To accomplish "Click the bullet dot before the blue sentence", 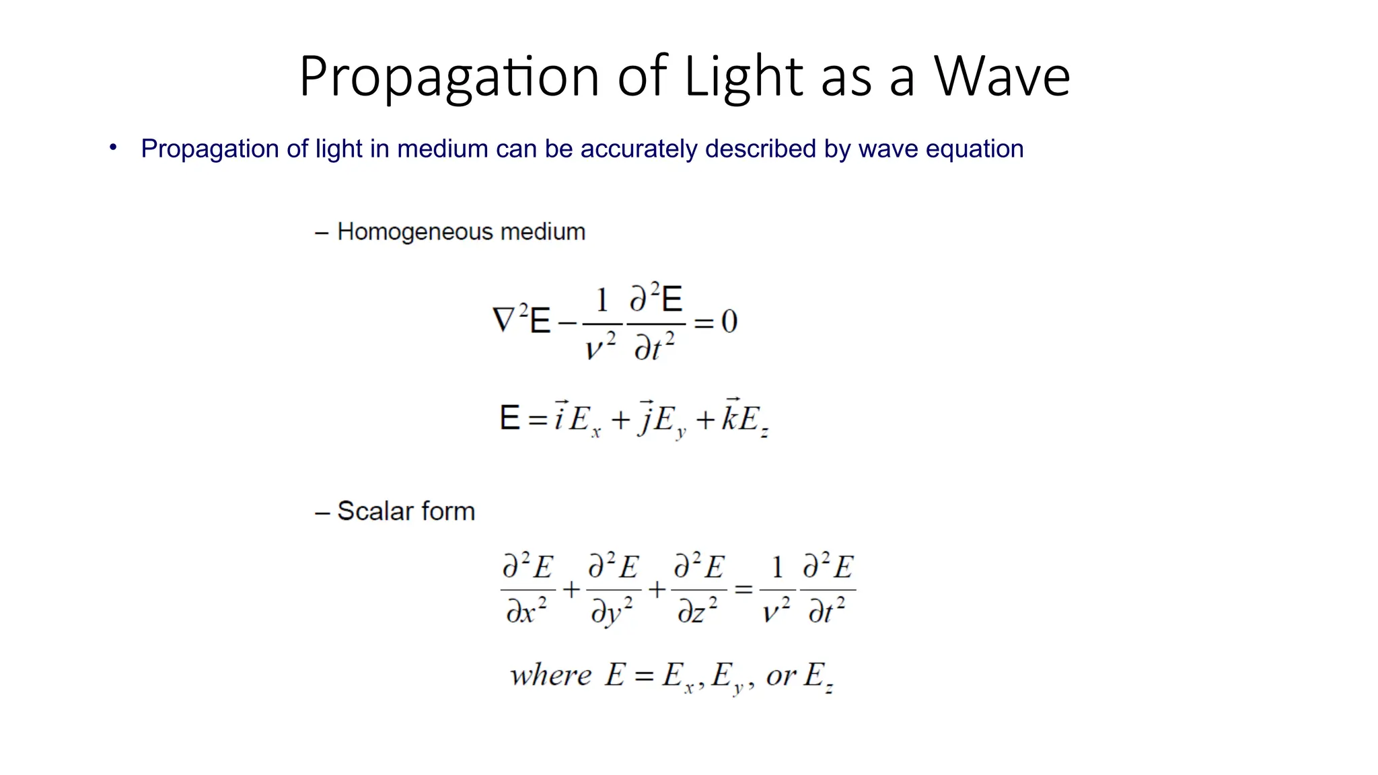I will point(113,147).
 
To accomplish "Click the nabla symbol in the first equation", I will point(503,320).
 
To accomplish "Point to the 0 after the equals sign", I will point(729,322).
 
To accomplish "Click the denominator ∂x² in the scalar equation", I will point(526,611).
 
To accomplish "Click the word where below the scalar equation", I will point(550,675).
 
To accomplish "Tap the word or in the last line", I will point(781,675).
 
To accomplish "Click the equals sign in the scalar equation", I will point(743,590).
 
